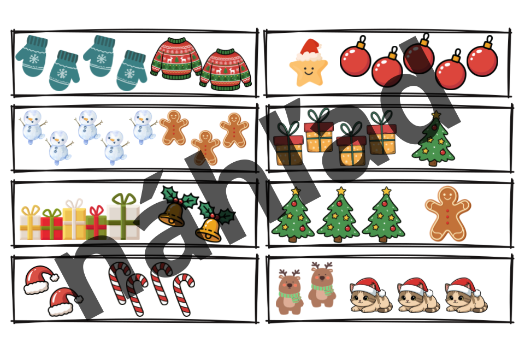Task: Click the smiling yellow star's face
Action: click(308, 72)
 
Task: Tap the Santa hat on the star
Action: click(310, 49)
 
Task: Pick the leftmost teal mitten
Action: click(32, 56)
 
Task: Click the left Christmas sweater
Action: click(176, 58)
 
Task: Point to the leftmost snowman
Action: click(32, 126)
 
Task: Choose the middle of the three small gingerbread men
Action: click(205, 147)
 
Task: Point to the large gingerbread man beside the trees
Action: click(447, 213)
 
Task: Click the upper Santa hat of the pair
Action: click(40, 280)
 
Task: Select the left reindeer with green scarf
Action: click(290, 292)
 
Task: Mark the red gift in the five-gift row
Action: click(51, 224)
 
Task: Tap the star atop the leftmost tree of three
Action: click(296, 191)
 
